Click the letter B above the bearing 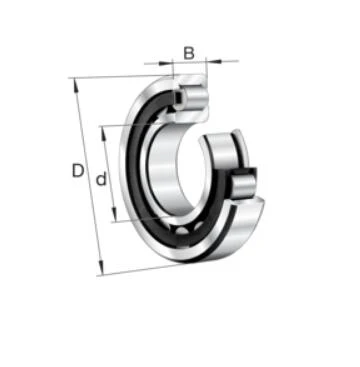189,53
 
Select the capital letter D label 78,171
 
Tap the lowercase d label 101,179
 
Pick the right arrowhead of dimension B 214,61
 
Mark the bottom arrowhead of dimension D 101,268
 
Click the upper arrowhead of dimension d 104,133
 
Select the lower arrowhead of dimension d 114,215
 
